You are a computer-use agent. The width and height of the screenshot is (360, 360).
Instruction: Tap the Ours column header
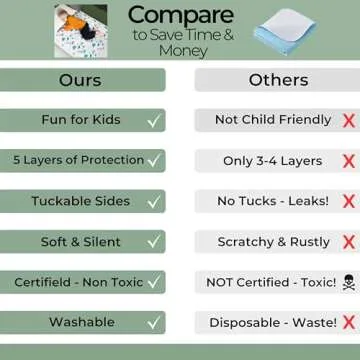(80, 79)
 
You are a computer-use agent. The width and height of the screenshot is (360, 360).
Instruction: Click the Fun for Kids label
(81, 120)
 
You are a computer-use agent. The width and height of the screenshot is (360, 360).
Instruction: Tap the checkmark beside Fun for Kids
(153, 121)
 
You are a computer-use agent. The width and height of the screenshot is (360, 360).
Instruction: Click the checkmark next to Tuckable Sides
(153, 202)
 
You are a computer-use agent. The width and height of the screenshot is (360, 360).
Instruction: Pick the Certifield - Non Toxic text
(79, 283)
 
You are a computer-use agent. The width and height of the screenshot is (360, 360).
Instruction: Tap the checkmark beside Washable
(153, 324)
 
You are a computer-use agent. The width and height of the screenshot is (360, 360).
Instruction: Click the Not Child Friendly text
(273, 120)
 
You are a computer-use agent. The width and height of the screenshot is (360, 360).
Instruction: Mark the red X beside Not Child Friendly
(348, 121)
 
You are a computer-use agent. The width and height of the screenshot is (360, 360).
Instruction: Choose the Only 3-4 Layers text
(273, 160)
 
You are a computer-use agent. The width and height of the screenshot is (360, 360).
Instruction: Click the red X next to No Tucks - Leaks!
(348, 202)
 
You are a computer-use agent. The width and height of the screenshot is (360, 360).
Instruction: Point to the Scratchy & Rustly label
(273, 242)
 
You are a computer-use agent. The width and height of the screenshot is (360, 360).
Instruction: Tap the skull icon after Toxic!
(348, 283)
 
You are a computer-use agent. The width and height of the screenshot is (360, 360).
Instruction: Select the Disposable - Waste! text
(269, 323)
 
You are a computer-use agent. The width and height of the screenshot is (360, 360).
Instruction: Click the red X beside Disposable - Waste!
(348, 324)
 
